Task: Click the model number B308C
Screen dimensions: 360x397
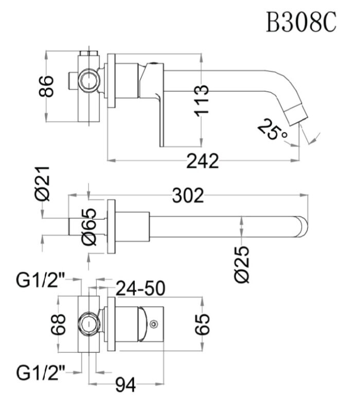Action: point(301,22)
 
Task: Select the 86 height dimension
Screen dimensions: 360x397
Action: point(46,86)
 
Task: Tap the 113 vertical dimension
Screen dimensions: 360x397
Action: point(202,101)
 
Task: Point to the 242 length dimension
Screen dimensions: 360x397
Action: point(203,161)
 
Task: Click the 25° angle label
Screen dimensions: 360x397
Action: point(272,129)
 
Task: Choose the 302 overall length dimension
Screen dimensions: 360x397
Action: point(188,195)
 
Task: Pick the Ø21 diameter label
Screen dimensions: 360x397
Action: point(42,184)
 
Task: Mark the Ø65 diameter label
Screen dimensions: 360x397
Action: point(89,227)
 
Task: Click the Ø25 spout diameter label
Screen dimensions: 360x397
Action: point(242,264)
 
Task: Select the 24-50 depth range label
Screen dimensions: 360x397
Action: point(140,288)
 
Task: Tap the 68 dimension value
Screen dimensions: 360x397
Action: point(58,324)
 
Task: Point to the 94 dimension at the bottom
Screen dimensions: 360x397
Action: point(126,386)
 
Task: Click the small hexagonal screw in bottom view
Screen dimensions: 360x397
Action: point(153,324)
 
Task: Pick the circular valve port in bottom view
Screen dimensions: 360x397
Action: point(88,324)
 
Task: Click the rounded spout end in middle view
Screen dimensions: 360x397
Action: point(302,227)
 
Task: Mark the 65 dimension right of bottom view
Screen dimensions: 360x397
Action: point(203,324)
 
